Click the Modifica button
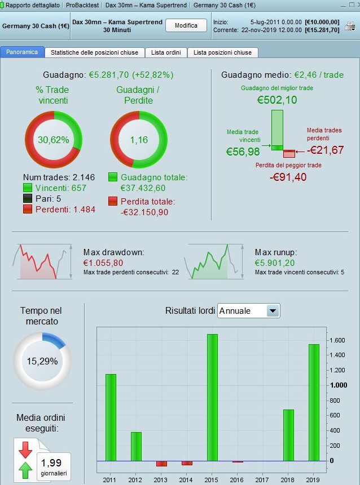click(x=186, y=25)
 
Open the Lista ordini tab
click(x=166, y=52)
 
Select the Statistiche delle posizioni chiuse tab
click(x=95, y=52)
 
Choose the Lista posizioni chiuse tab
click(x=222, y=52)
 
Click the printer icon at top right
click(x=350, y=26)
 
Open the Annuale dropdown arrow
click(x=273, y=310)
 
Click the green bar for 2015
click(x=212, y=397)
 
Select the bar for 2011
click(x=111, y=417)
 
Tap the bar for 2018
click(x=288, y=435)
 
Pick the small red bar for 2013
click(x=161, y=464)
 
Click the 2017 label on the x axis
click(x=262, y=479)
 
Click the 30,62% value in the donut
click(x=54, y=139)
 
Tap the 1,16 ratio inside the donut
click(x=139, y=139)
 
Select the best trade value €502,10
click(x=277, y=100)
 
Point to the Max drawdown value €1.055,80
click(x=103, y=263)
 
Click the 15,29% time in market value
click(x=43, y=361)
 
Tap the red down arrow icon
click(x=25, y=450)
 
